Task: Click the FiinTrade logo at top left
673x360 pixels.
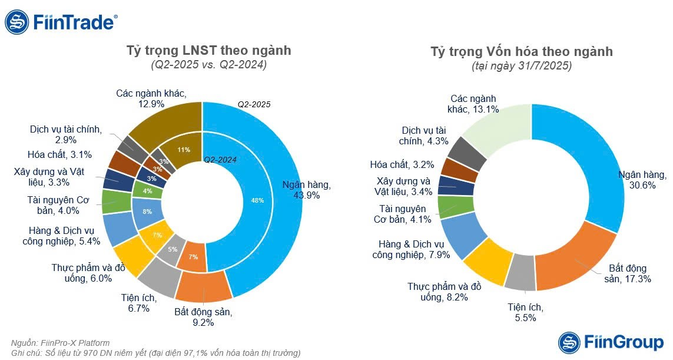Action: (x=61, y=22)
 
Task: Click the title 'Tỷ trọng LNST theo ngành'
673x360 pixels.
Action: (x=209, y=51)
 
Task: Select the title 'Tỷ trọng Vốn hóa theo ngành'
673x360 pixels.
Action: (x=522, y=52)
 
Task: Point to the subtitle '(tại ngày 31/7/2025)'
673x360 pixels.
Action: (x=522, y=67)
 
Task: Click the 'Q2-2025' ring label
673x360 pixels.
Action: (x=254, y=104)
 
